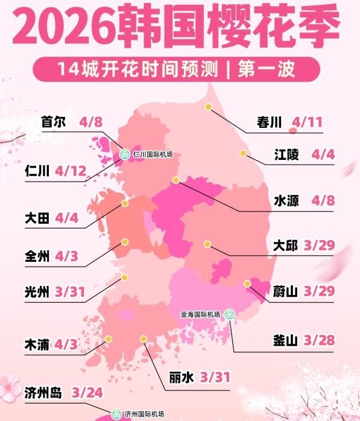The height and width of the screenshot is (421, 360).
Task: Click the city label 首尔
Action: point(52,122)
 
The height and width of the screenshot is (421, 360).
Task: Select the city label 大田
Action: point(37,218)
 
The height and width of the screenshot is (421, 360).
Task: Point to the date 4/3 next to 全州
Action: point(66,255)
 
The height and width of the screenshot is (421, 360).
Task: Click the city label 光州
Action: point(37,293)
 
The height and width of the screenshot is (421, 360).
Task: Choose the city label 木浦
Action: point(37,346)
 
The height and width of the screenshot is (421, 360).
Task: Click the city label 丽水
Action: point(182,378)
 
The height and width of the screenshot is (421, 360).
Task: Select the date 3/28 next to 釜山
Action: point(320,341)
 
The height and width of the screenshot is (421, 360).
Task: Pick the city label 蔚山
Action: point(285,292)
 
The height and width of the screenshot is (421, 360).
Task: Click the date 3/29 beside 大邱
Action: point(320,246)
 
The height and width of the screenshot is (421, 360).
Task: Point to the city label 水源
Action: point(286,200)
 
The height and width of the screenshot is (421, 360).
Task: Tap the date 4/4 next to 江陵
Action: point(323,154)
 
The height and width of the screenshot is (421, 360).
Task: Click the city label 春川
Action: point(269,123)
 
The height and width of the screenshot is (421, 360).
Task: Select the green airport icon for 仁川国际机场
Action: point(124,155)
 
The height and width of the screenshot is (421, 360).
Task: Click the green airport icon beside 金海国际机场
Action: point(229,314)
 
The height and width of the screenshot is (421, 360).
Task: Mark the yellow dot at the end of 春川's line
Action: point(207,107)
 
